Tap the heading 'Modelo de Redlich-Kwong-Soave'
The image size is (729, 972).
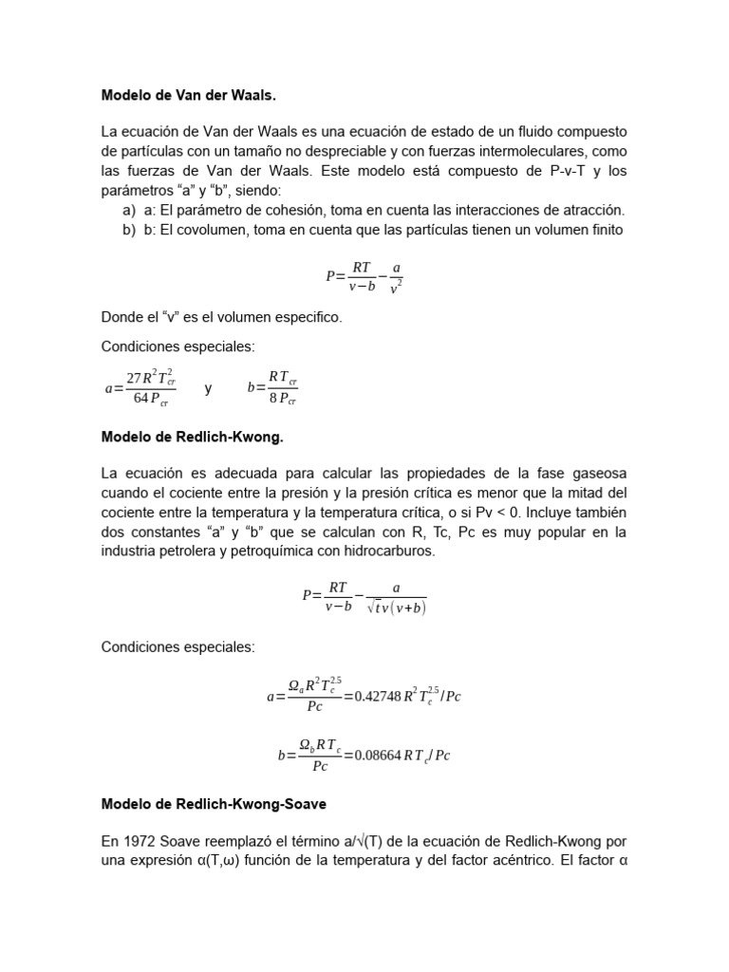(214, 804)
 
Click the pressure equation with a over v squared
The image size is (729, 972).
(364, 275)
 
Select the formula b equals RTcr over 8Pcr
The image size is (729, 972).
(272, 387)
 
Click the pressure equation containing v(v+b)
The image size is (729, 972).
(364, 599)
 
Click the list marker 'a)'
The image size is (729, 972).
(128, 210)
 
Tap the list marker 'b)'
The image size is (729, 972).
(128, 230)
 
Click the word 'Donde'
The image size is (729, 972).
(121, 317)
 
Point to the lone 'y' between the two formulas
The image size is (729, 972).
(208, 388)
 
